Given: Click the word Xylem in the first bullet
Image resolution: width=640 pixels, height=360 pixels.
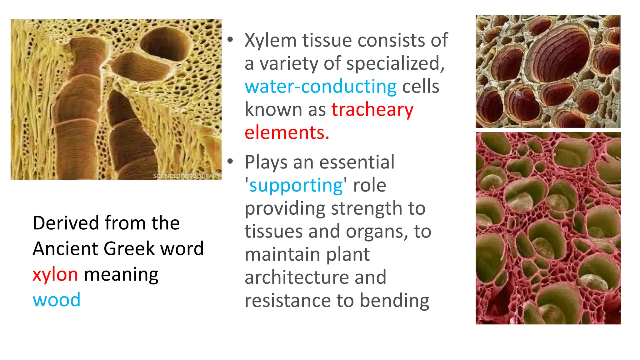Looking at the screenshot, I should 271,41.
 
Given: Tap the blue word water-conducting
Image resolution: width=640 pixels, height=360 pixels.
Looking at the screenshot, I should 320,87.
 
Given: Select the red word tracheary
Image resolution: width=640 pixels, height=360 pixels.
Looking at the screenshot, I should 372,110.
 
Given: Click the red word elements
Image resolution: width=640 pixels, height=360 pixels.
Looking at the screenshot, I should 287,132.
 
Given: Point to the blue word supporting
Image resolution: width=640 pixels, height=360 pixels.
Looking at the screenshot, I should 296,185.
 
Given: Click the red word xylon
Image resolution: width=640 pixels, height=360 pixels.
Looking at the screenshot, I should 55,274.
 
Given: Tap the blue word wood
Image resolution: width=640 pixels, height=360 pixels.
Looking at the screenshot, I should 57,300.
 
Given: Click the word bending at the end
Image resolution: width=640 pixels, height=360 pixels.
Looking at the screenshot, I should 394,301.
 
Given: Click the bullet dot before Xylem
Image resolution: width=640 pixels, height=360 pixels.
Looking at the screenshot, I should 230,40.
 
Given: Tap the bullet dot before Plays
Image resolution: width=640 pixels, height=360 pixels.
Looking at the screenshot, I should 230,161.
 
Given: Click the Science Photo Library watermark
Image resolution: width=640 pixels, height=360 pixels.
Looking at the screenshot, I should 187,176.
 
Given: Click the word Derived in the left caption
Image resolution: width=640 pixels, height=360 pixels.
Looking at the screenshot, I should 66,223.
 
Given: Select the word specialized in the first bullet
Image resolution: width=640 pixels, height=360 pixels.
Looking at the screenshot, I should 395,64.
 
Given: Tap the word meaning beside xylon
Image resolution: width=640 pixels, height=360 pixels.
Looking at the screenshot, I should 121,274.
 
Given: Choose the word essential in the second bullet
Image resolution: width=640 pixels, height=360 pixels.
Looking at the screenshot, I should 357,162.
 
